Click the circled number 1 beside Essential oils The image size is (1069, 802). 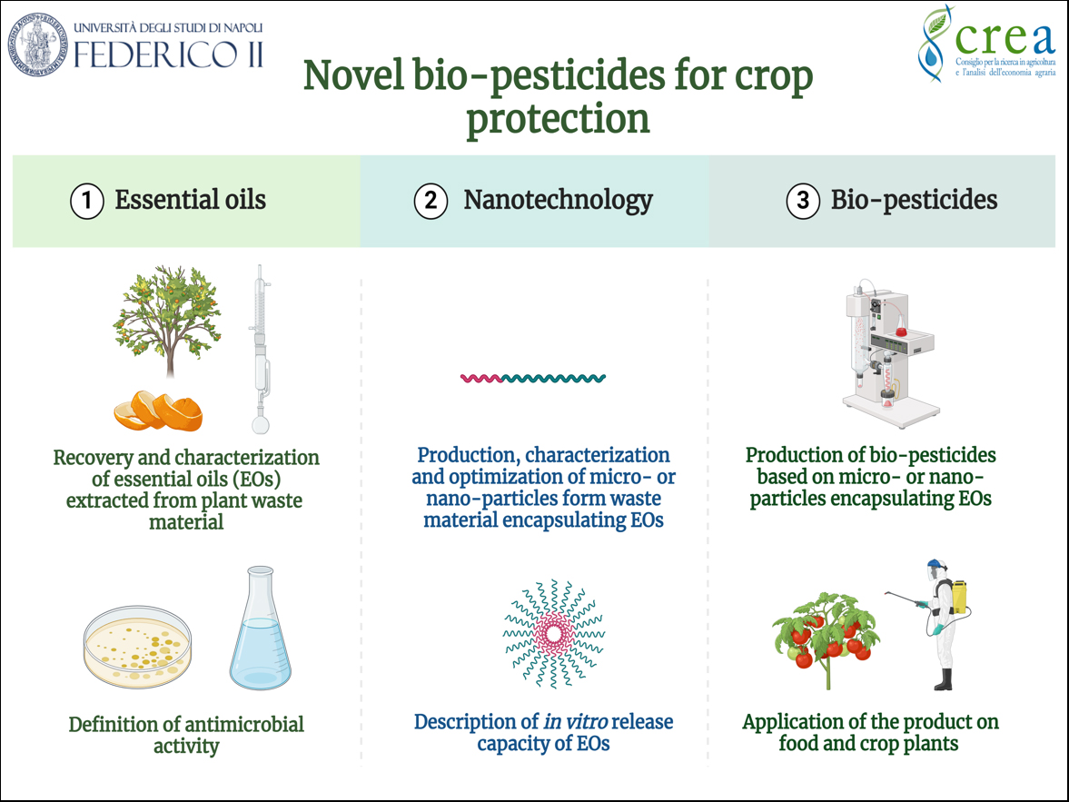point(87,202)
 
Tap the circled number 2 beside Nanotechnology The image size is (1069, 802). point(431,202)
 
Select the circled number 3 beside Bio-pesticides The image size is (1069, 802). point(803,202)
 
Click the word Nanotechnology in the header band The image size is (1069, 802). point(559,200)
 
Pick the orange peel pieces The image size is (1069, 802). point(158,411)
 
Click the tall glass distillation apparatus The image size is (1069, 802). point(261,349)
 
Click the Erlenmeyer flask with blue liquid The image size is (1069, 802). point(261,628)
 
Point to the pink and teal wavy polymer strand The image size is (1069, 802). point(533,378)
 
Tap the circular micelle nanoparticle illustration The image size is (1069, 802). point(554,634)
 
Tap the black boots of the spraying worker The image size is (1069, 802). point(943,679)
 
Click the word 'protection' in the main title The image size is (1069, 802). point(558,119)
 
